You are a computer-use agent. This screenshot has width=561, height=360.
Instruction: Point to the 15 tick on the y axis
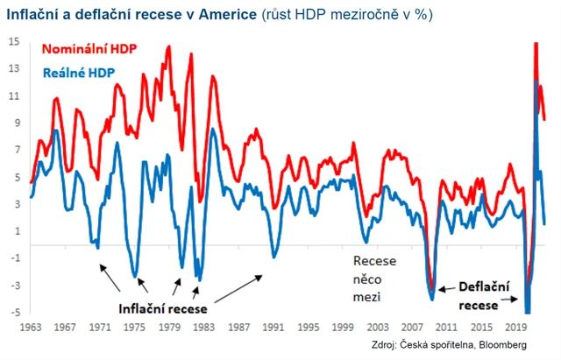16,41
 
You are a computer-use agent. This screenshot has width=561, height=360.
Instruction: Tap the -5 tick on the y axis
16,313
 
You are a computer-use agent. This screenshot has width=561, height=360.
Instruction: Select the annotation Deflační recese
479,295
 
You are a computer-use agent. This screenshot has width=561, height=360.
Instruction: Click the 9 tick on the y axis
16,123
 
